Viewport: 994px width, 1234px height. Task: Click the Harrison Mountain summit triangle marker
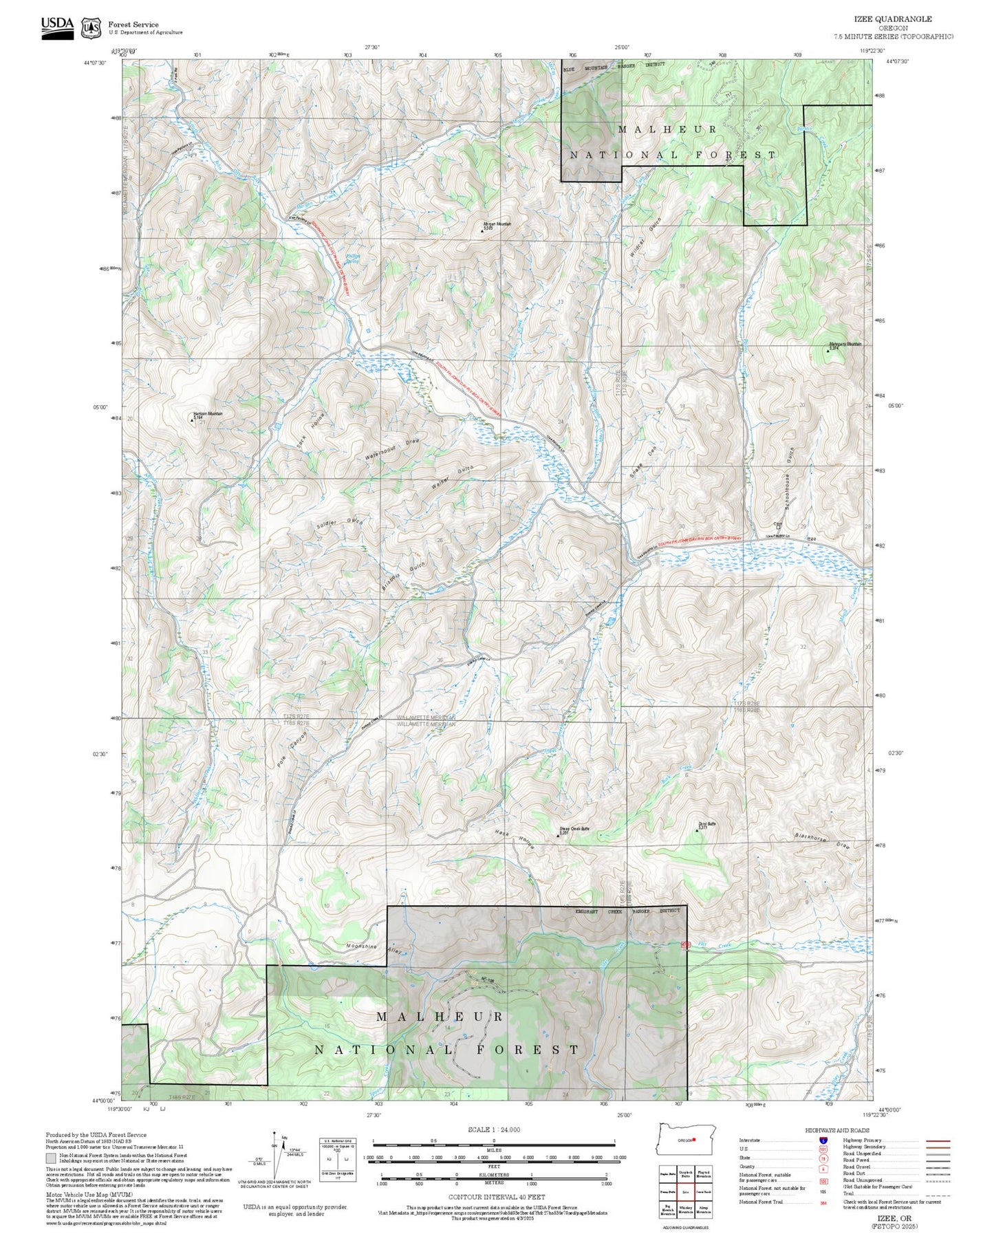pos(192,420)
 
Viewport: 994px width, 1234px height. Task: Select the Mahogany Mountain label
pos(845,344)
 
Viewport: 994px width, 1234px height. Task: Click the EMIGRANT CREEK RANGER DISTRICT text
pos(627,911)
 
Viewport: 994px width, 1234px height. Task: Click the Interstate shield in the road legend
pos(823,1140)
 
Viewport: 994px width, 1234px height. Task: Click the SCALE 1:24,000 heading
pos(493,1129)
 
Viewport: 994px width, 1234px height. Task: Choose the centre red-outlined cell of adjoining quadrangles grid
pos(685,1191)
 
